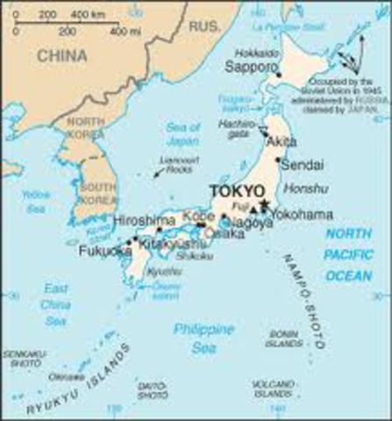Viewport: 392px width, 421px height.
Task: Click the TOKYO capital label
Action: click(x=236, y=191)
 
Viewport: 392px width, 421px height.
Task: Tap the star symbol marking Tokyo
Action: click(x=264, y=204)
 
